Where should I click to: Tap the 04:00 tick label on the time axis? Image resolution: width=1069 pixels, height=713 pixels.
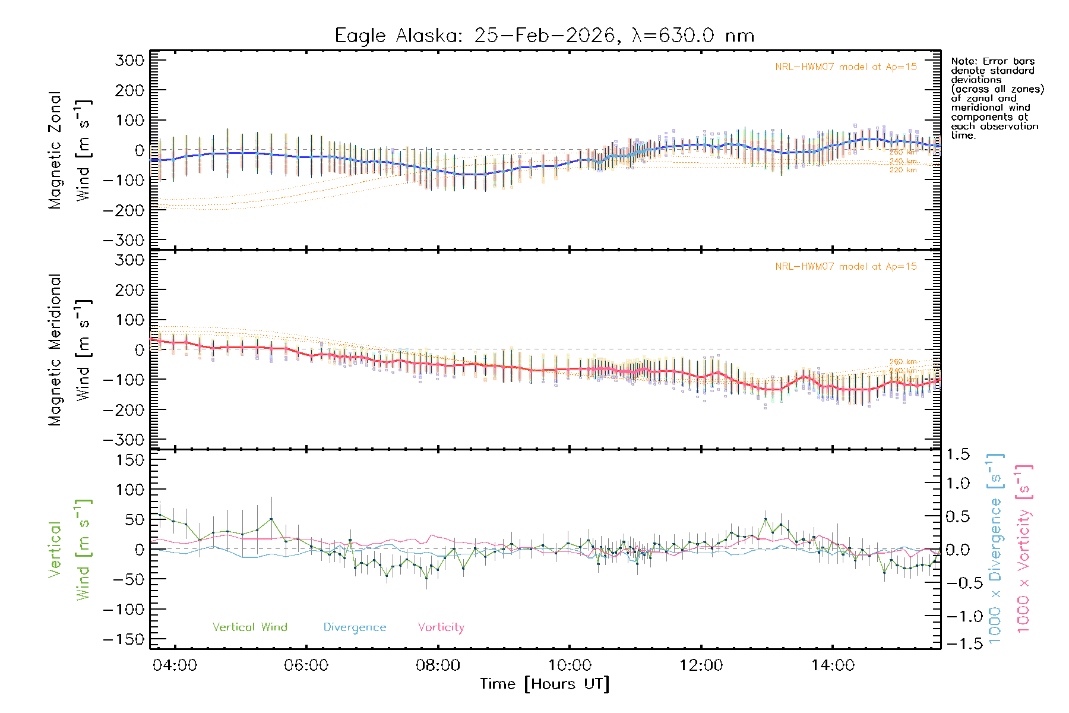click(x=175, y=665)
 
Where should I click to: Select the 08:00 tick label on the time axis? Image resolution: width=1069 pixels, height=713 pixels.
click(x=438, y=665)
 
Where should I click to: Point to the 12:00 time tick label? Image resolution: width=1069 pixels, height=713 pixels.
click(x=701, y=665)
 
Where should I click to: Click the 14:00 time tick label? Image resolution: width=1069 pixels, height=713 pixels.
click(x=833, y=665)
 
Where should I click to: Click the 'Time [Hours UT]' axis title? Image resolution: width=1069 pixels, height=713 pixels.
click(x=545, y=684)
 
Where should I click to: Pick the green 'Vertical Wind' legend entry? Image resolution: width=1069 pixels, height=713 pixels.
click(x=249, y=627)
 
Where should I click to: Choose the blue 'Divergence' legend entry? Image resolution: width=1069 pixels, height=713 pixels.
click(x=355, y=627)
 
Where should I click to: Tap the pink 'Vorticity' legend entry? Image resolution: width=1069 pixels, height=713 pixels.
click(x=441, y=627)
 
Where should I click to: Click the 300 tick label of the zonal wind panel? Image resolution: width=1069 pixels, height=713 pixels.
click(x=129, y=61)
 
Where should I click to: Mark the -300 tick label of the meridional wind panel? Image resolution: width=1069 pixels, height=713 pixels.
click(x=124, y=440)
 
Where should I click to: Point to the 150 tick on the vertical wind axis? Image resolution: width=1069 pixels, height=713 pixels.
click(x=129, y=460)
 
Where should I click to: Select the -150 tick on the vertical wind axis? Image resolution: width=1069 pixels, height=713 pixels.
click(x=124, y=639)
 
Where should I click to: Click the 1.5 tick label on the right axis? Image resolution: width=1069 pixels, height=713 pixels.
click(x=957, y=455)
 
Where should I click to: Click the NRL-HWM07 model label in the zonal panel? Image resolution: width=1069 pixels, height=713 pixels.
click(x=846, y=67)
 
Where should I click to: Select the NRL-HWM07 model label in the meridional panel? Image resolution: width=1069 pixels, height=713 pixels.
click(x=846, y=267)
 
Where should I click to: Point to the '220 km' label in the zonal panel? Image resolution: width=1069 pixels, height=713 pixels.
click(x=903, y=171)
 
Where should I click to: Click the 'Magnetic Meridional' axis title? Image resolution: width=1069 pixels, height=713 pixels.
click(x=55, y=350)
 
